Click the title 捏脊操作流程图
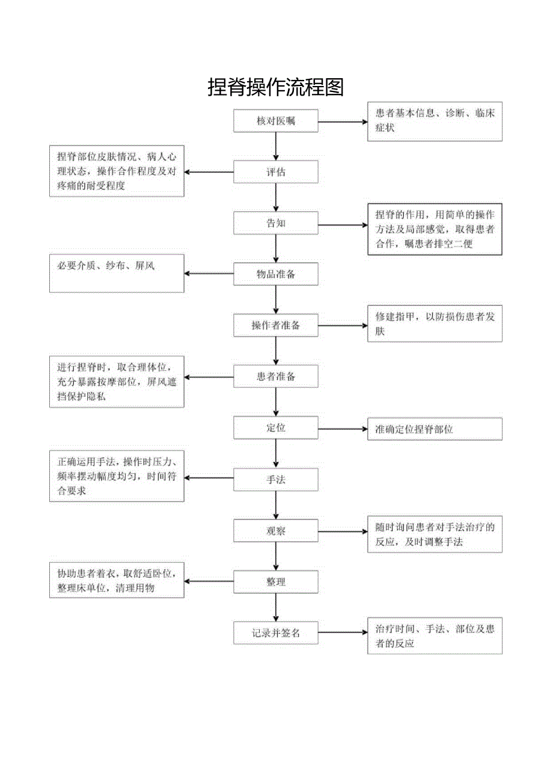276,87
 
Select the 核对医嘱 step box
276,121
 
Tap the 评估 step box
276,173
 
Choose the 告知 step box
276,224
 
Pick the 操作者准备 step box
276,326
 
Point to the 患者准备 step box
276,377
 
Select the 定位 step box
276,428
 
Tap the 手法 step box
276,479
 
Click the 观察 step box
276,531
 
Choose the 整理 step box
276,582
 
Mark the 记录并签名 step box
276,633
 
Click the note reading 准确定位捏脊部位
435,429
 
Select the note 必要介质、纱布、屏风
117,274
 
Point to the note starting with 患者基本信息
435,121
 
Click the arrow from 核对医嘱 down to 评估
276,147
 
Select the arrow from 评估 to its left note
209,172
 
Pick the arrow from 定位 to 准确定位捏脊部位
343,429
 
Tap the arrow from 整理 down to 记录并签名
276,607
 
